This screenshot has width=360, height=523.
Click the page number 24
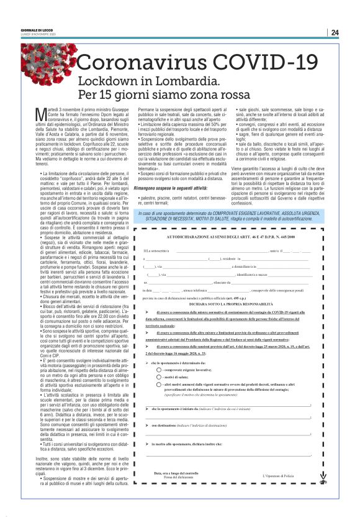tap(335, 32)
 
